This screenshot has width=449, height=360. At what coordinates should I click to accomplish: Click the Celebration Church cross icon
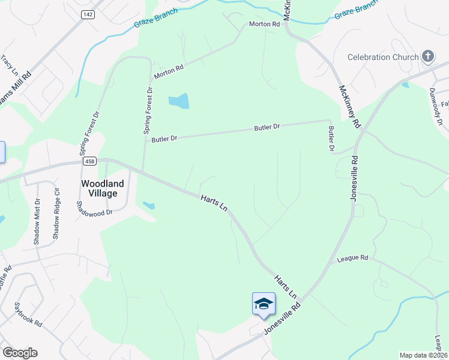428,57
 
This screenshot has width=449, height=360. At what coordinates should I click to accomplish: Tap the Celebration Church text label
383,58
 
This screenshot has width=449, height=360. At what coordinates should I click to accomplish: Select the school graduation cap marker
264,304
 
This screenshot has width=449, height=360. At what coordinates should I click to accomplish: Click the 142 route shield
88,14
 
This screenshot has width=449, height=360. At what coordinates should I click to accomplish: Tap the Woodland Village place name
103,188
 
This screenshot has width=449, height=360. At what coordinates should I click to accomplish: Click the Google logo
20,353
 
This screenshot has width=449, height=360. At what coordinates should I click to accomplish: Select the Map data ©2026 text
423,355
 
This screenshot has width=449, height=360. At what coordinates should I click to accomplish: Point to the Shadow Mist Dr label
37,221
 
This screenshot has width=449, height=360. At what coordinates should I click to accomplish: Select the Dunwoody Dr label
435,107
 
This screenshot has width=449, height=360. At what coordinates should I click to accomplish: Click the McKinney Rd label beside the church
349,106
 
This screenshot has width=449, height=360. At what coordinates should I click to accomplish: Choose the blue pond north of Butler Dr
179,101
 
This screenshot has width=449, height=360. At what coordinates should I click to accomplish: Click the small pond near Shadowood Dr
148,206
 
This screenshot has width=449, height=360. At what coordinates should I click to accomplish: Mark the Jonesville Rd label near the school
282,319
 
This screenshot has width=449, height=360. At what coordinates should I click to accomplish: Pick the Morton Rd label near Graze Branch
265,25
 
